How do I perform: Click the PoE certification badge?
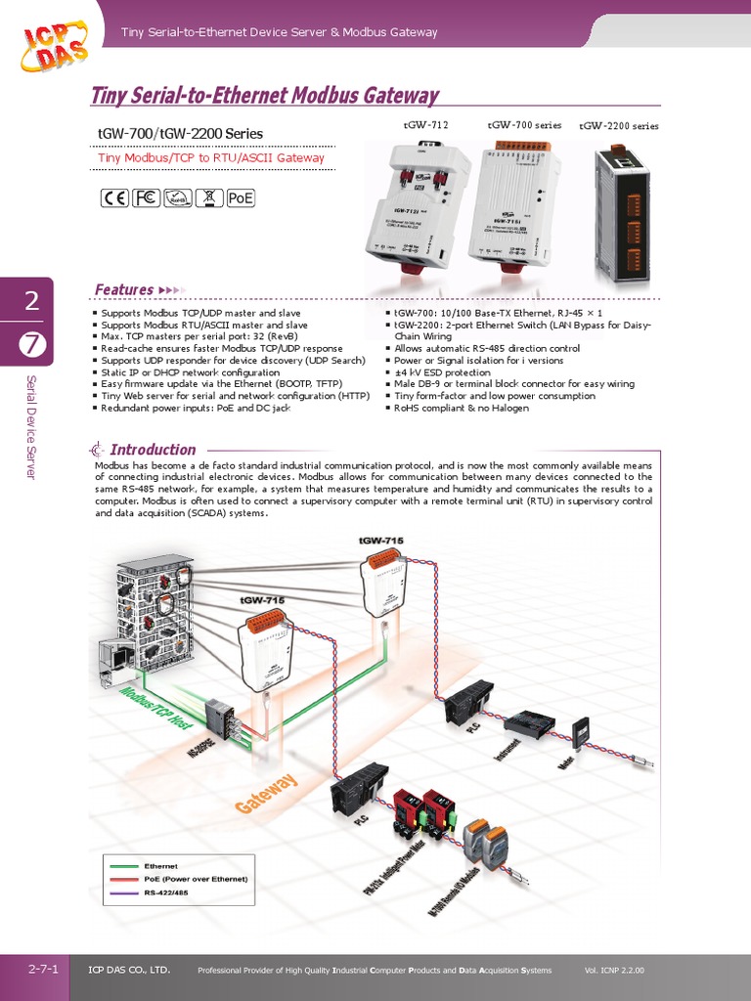click(241, 198)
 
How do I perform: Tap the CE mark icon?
click(114, 198)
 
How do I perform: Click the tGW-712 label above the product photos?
click(425, 125)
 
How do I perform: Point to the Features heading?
click(123, 289)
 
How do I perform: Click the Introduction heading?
click(153, 450)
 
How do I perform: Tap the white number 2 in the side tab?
click(32, 302)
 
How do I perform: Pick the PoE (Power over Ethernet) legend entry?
click(196, 879)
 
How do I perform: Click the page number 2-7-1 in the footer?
click(43, 970)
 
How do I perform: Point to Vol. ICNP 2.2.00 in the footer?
click(614, 971)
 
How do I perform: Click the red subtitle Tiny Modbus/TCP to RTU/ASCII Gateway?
click(211, 157)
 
